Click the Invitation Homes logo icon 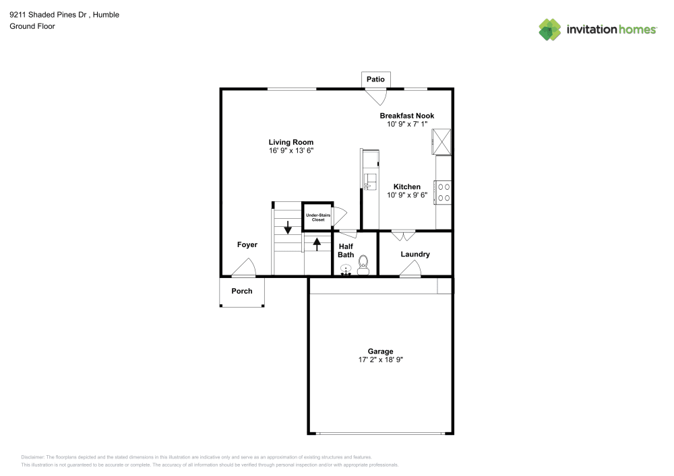click(x=550, y=29)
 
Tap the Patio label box click(x=375, y=79)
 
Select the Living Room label click(x=291, y=142)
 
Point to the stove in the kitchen click(x=443, y=191)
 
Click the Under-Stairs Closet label click(x=317, y=217)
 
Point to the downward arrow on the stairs click(x=288, y=228)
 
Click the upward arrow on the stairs click(x=317, y=243)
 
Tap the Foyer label click(x=247, y=245)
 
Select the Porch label click(x=242, y=292)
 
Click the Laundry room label click(x=415, y=254)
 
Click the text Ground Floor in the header click(x=32, y=26)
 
